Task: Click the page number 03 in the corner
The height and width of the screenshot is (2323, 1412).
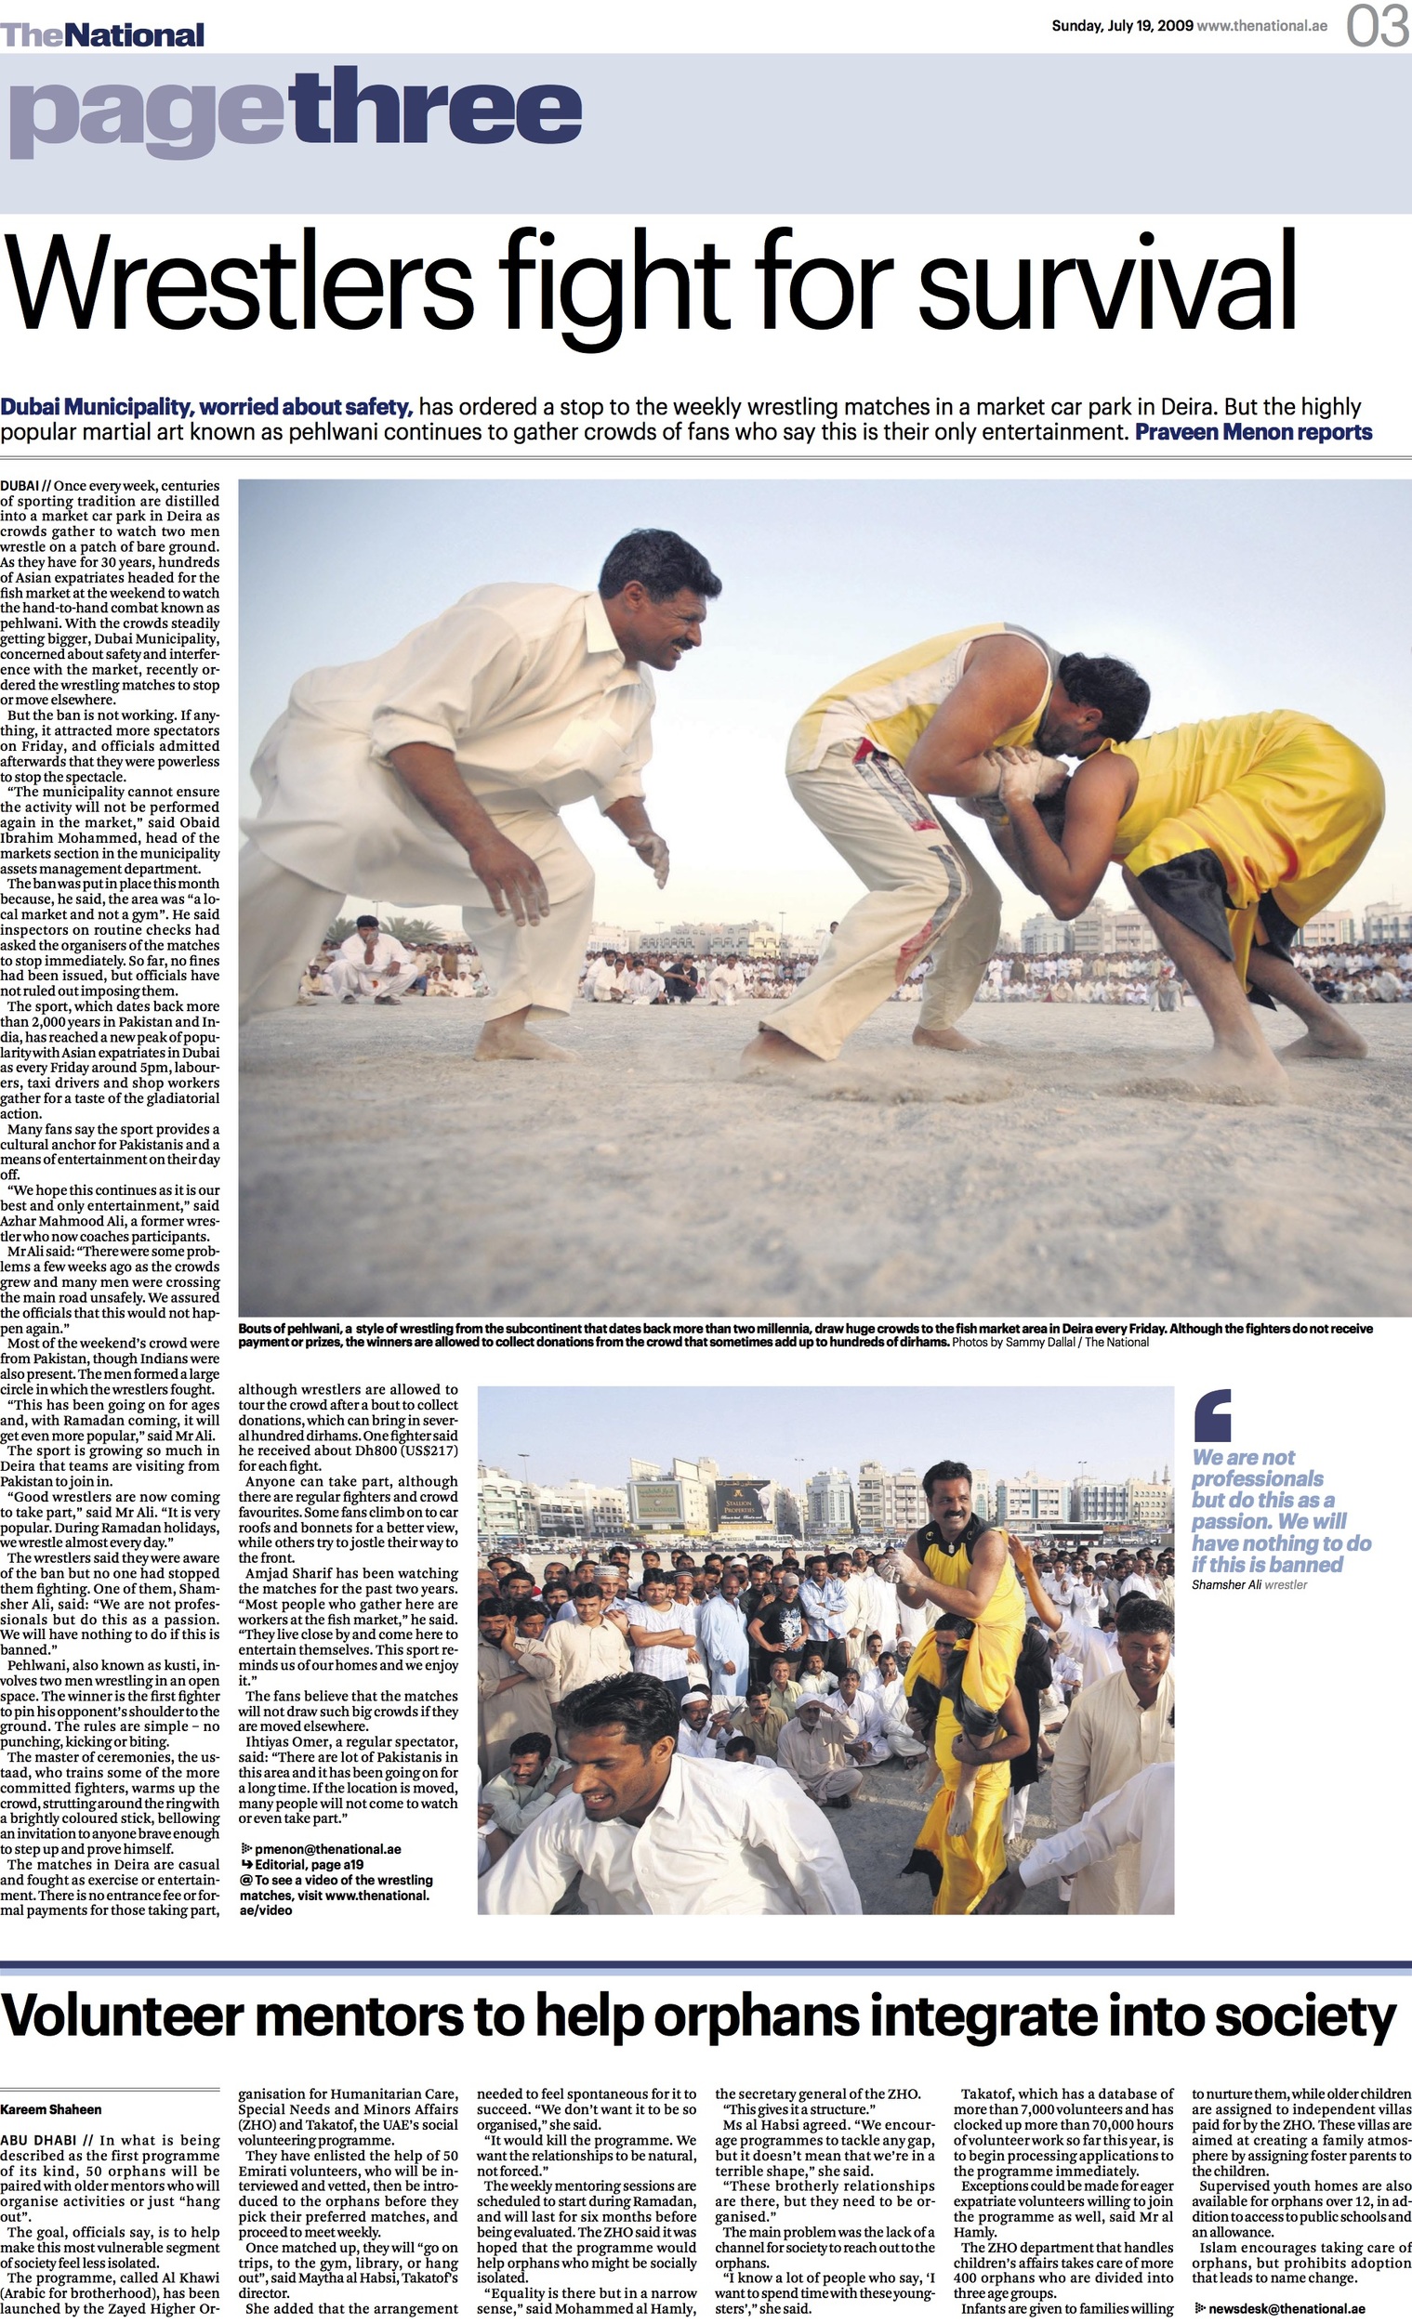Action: tap(1377, 26)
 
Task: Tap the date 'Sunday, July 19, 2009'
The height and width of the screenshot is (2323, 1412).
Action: tap(1121, 26)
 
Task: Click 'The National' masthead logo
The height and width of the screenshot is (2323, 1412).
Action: tap(102, 35)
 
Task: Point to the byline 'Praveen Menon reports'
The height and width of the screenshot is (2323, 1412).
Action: tap(1254, 433)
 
